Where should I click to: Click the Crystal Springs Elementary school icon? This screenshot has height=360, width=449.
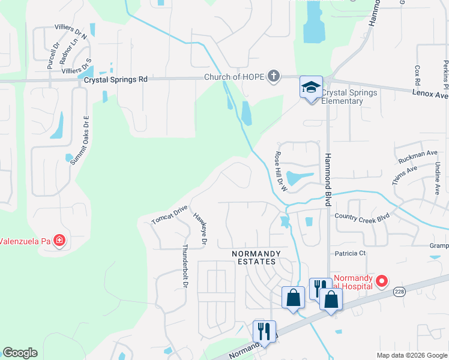tap(312, 88)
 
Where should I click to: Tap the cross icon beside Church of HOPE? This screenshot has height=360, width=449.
tap(274, 76)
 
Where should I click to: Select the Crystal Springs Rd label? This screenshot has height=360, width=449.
tap(116, 79)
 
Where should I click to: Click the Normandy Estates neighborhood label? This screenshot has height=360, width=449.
tap(256, 258)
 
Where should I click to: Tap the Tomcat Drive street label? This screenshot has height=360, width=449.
tap(170, 215)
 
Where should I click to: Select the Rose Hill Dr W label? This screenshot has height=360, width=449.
tap(282, 172)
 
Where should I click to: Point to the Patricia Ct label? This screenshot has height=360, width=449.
tap(351, 253)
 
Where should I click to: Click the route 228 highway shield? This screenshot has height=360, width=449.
tap(399, 292)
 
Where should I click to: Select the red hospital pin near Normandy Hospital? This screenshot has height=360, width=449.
tap(381, 281)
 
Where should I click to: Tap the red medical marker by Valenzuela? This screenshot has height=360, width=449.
tap(59, 241)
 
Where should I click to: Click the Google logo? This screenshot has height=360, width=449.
tap(20, 353)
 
